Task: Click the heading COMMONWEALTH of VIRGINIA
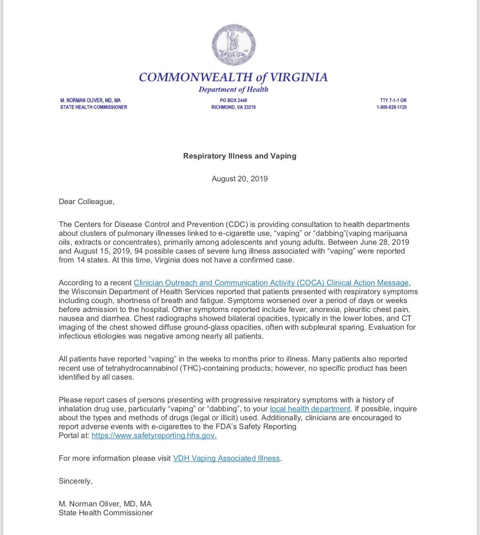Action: pyautogui.click(x=233, y=77)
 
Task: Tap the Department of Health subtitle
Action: pyautogui.click(x=233, y=89)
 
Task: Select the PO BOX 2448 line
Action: pyautogui.click(x=233, y=100)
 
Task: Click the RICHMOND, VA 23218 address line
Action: pyautogui.click(x=233, y=107)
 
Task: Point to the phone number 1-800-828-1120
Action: pyautogui.click(x=391, y=107)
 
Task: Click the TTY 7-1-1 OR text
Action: pyautogui.click(x=391, y=100)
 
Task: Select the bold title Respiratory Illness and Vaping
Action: pyautogui.click(x=240, y=156)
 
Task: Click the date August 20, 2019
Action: pyautogui.click(x=240, y=179)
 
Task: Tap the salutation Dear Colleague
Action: pyautogui.click(x=86, y=202)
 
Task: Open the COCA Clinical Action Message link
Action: pyautogui.click(x=271, y=283)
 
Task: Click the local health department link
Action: pyautogui.click(x=310, y=409)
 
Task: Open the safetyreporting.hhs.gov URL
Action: pyautogui.click(x=154, y=436)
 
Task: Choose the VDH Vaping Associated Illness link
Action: pyautogui.click(x=226, y=458)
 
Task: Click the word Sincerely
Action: pyautogui.click(x=75, y=481)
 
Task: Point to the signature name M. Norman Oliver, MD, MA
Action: pyautogui.click(x=105, y=504)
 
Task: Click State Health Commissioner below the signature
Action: pyautogui.click(x=106, y=513)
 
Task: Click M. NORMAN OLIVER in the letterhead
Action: pyautogui.click(x=90, y=100)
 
